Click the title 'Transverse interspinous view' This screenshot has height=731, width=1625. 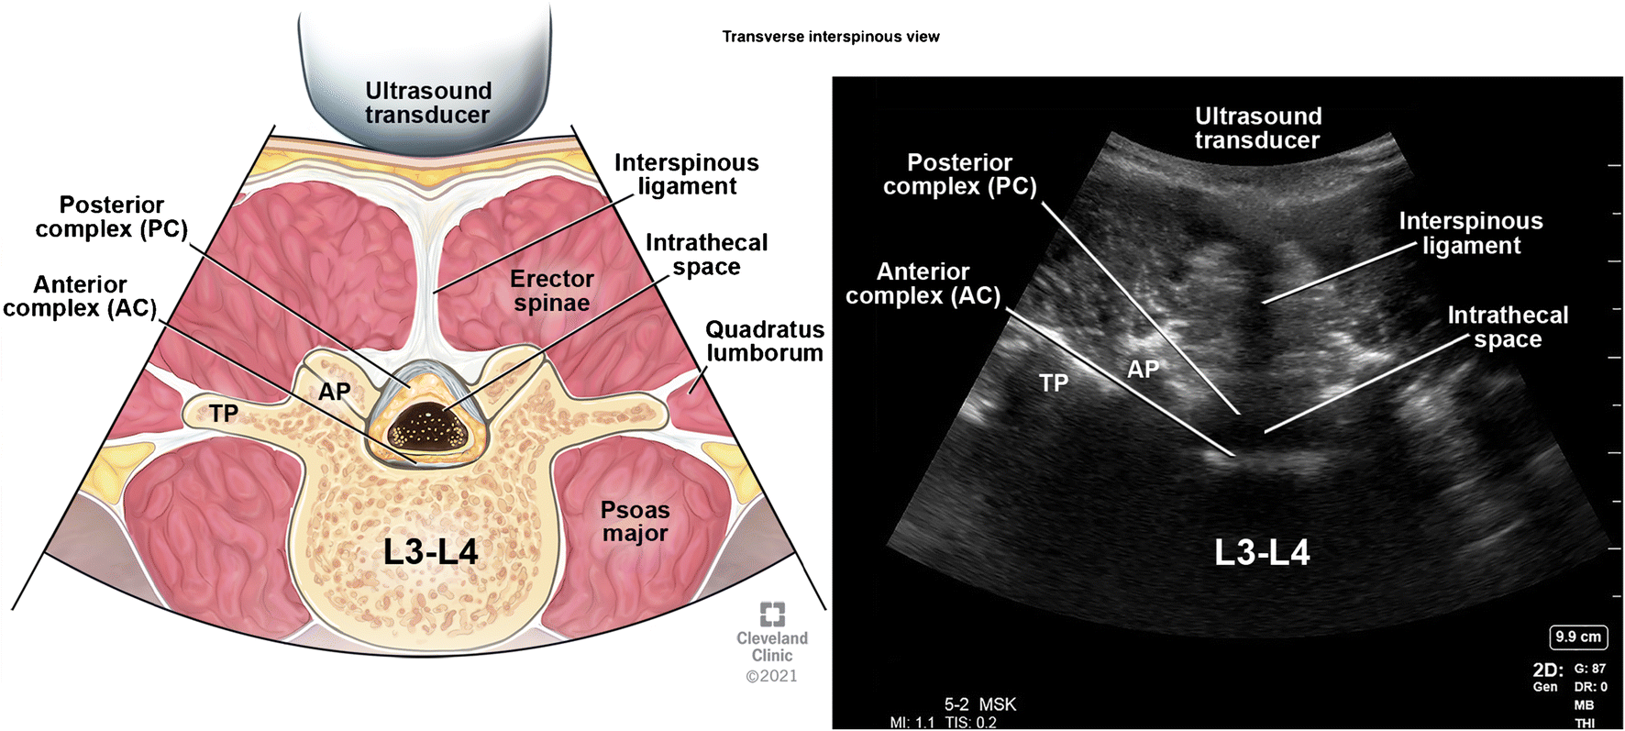[830, 37]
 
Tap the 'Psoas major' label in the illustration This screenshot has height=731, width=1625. [635, 521]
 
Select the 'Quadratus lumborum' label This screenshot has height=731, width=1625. [764, 341]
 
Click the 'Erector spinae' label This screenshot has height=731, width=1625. [552, 291]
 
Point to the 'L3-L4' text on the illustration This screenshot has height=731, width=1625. [430, 552]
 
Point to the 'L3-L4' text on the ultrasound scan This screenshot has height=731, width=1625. [1262, 552]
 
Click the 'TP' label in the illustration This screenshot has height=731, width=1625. [223, 414]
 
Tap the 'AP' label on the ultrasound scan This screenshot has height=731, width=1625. [1143, 370]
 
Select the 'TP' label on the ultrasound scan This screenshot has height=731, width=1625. [1054, 382]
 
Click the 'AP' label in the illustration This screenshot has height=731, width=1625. [334, 392]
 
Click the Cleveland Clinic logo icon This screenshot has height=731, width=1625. [772, 614]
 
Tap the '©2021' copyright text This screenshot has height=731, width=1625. [771, 676]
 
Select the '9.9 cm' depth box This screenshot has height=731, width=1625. [1577, 637]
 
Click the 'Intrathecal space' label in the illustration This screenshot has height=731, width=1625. [706, 254]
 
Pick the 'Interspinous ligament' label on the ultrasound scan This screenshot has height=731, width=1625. [1471, 233]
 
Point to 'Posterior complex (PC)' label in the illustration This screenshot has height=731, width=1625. [111, 216]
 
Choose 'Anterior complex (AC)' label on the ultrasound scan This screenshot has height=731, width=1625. [923, 283]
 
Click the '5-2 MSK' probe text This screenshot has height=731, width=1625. [980, 704]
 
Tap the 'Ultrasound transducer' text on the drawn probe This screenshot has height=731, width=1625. [427, 103]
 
